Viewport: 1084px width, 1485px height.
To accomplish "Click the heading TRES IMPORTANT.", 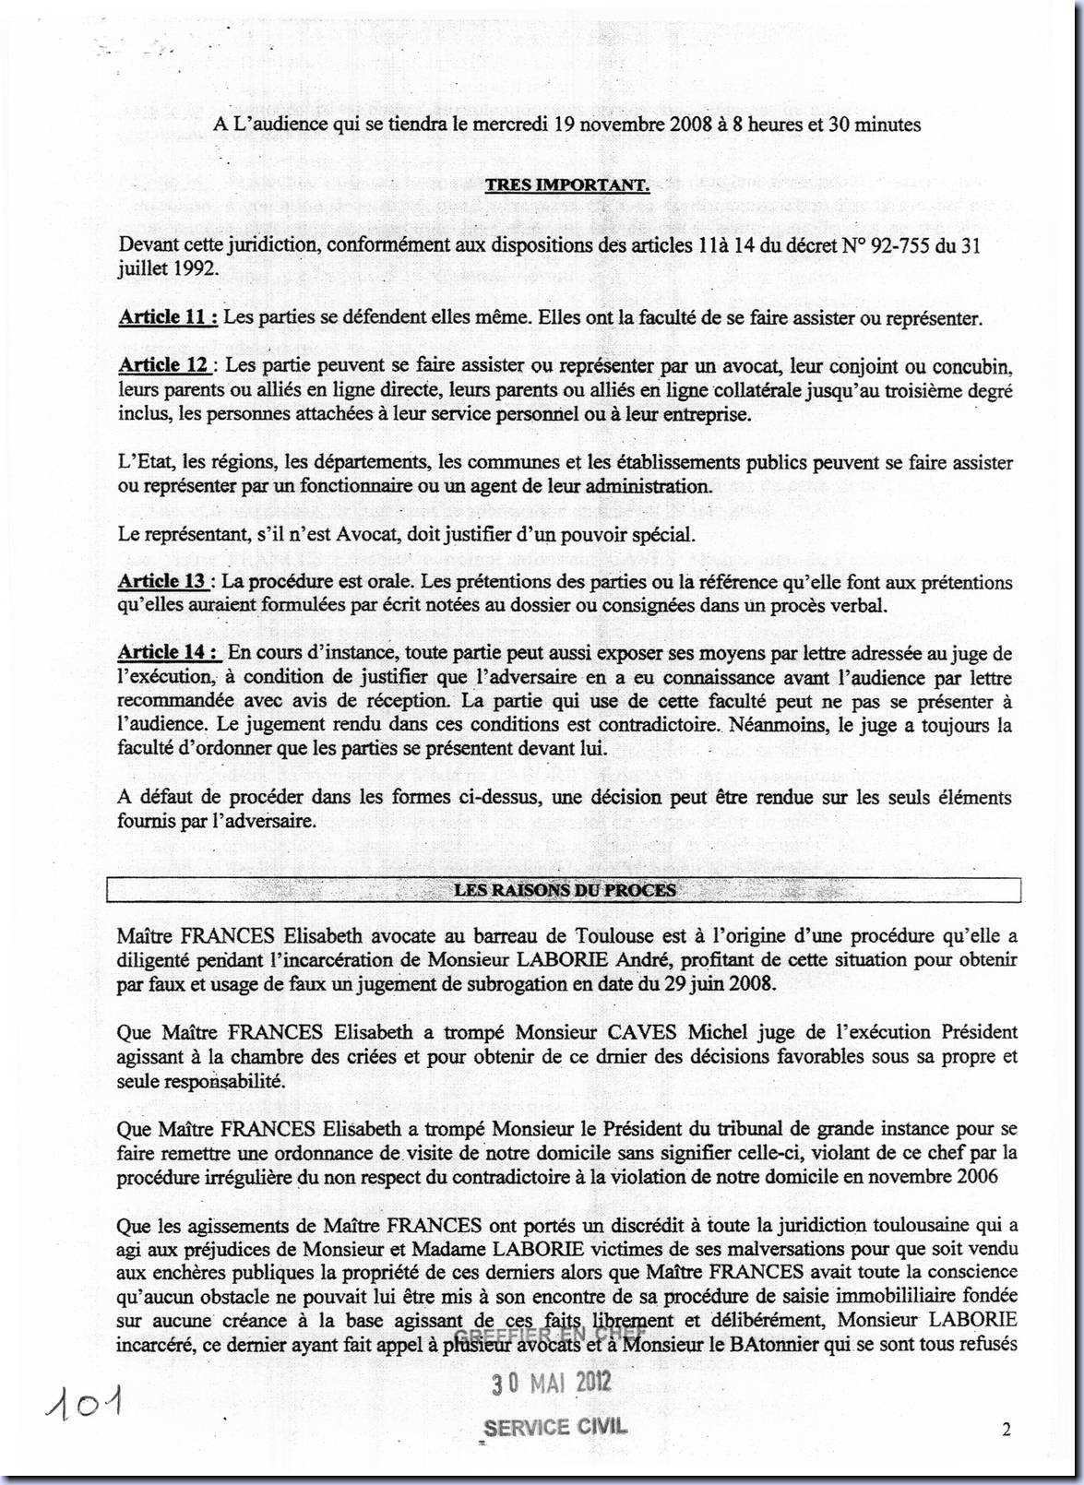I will pyautogui.click(x=567, y=184).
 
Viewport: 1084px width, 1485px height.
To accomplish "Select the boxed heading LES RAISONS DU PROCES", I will pyautogui.click(x=565, y=890).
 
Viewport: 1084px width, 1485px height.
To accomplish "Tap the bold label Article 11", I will pyautogui.click(x=167, y=318).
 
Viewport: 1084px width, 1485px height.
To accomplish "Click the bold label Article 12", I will pyautogui.click(x=162, y=365).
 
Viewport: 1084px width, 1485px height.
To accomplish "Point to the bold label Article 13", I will pyautogui.click(x=162, y=581).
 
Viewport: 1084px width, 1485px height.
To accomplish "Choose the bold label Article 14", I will pyautogui.click(x=168, y=652).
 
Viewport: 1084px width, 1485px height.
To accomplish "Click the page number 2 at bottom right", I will pyautogui.click(x=1007, y=1430).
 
